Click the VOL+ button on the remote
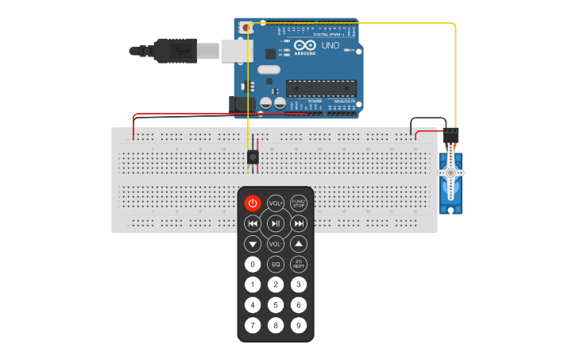pos(276,203)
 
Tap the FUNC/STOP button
pos(299,203)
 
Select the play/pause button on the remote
pos(276,223)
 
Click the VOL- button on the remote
pos(276,244)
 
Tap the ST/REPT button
pos(299,264)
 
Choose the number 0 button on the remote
pos(253,264)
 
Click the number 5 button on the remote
pos(276,304)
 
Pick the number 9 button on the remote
pos(299,325)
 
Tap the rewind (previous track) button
pos(253,223)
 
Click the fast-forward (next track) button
pos(299,223)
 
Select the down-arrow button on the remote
pos(253,244)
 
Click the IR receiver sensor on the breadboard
pos(253,157)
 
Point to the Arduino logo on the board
pos(305,47)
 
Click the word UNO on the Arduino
pos(330,46)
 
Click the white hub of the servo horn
pos(451,172)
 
